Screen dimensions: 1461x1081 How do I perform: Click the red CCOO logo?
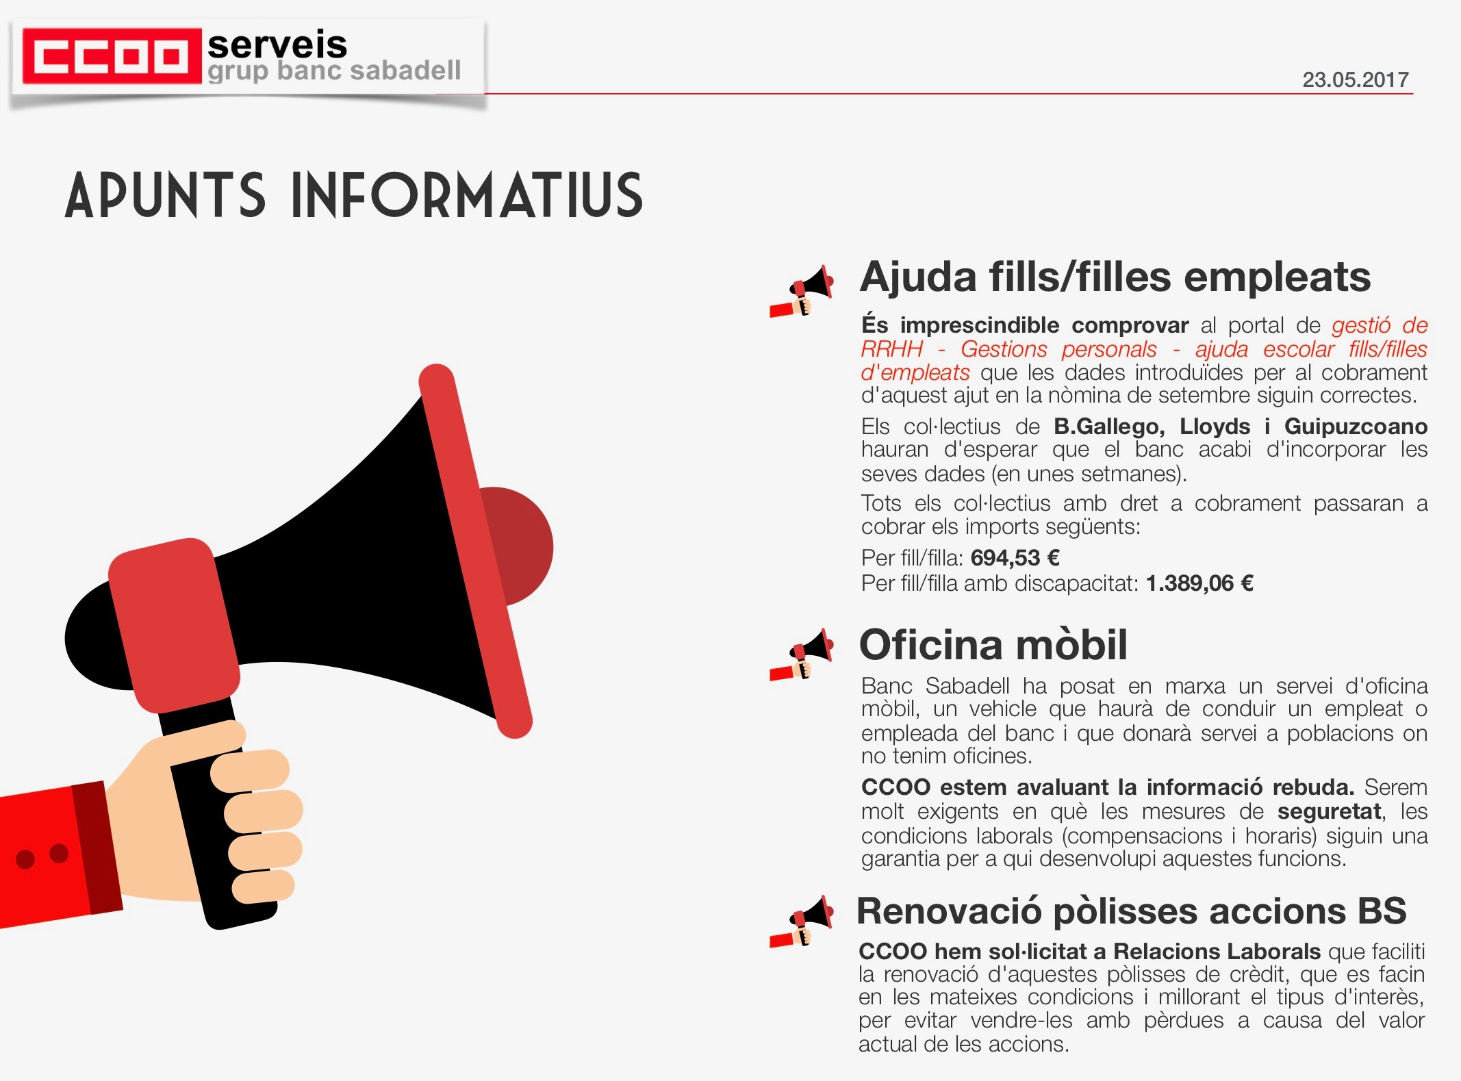112,55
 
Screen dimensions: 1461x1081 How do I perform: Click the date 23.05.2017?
1355,80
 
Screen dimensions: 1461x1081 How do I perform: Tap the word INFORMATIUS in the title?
468,196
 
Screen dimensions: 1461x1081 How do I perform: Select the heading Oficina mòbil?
993,645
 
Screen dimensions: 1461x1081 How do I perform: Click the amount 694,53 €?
1015,558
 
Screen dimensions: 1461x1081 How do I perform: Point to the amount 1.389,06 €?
1199,583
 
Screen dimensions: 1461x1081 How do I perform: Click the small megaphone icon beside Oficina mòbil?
802,654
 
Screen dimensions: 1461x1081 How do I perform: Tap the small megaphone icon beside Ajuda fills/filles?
802,292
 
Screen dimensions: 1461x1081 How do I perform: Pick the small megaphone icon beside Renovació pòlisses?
802,921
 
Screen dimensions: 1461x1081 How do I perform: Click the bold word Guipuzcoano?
1356,427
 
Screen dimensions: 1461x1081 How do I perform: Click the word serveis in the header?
277,45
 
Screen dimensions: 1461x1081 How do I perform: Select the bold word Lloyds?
1215,427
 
